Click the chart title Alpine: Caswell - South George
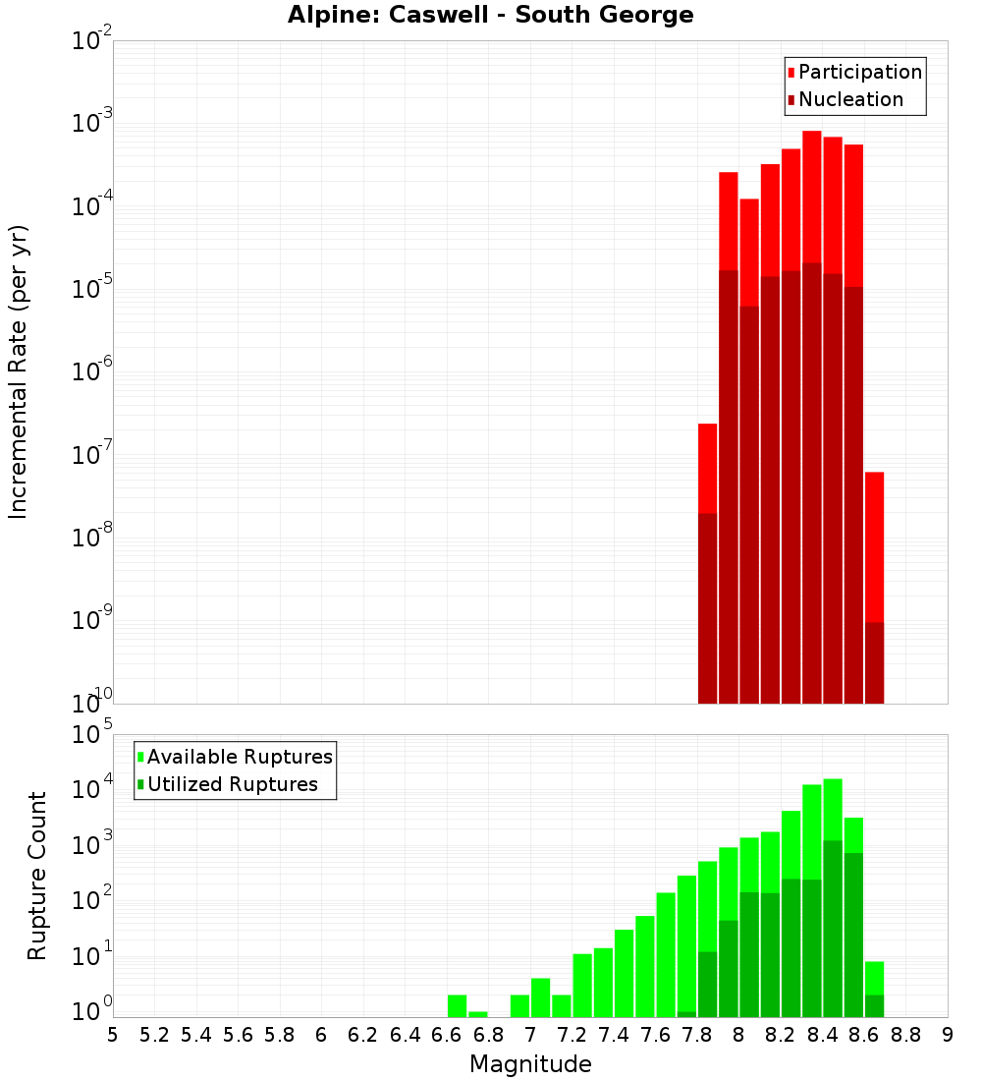[490, 16]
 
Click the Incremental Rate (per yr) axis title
[19, 371]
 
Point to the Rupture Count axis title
[37, 876]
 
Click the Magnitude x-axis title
[530, 1064]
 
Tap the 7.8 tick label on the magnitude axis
[697, 1035]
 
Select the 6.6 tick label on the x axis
[447, 1035]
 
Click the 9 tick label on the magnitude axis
[948, 1035]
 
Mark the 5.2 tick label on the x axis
[154, 1035]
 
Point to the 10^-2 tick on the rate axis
[92, 41]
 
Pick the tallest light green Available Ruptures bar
[833, 806]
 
